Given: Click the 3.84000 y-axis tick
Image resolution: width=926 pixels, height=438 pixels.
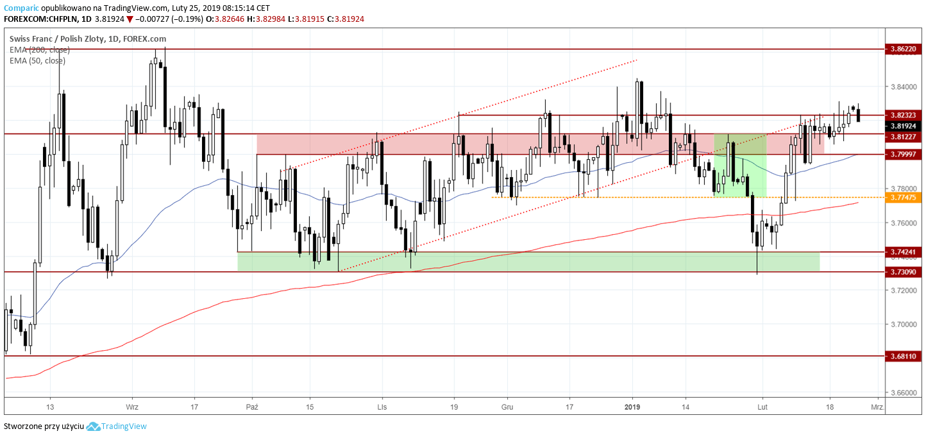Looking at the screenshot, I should click(x=902, y=87).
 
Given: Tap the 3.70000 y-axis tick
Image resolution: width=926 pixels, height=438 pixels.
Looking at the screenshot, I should click(x=902, y=324).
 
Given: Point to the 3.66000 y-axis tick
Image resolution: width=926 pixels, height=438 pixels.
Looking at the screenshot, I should click(x=902, y=392).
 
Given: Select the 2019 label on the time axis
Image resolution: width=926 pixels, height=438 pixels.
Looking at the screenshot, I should click(x=633, y=407).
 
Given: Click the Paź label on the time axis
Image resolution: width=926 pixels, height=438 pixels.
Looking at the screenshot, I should click(x=253, y=407).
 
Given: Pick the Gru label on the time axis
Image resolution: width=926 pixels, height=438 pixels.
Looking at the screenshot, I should click(x=507, y=407).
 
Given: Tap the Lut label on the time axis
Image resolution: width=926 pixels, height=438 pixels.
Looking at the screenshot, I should click(x=762, y=407).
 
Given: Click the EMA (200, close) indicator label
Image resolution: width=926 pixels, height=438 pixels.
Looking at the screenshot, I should click(x=40, y=49).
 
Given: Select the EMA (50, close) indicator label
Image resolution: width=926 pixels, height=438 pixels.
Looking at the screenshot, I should click(x=37, y=60).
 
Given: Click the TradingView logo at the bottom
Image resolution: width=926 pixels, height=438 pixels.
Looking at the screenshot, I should click(x=117, y=426).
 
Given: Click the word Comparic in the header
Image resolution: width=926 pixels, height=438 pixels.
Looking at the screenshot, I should click(x=21, y=8).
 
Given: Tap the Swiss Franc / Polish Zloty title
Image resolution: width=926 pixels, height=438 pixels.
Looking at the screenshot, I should click(x=58, y=38).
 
